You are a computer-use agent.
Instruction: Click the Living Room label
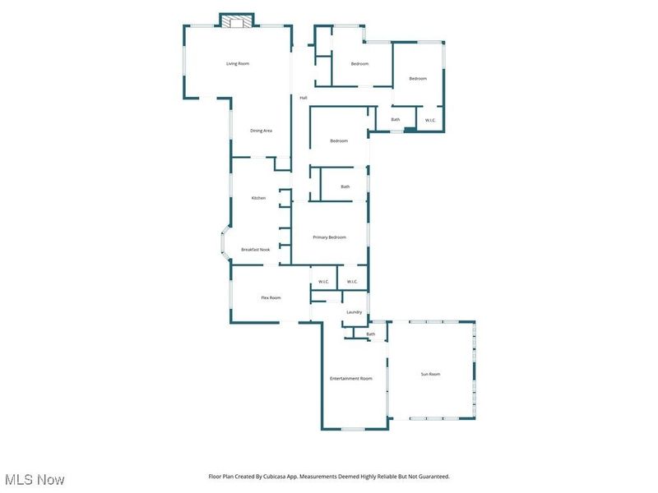click(x=238, y=63)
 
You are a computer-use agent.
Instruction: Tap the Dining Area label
click(x=262, y=131)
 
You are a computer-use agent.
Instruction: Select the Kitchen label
click(x=258, y=198)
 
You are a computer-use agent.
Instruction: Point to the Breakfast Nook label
click(x=255, y=250)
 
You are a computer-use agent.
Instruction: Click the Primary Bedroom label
click(x=329, y=237)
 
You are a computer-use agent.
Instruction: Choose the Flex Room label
click(x=271, y=297)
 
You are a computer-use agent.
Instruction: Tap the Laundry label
click(x=354, y=312)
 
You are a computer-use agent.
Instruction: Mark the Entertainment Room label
click(x=351, y=379)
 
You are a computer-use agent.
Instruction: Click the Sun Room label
click(x=430, y=374)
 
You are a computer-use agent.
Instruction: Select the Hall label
click(x=303, y=98)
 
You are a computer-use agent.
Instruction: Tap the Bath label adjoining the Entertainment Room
click(x=371, y=334)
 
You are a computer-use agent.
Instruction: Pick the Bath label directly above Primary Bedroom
click(x=345, y=187)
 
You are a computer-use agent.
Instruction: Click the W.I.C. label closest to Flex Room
click(x=324, y=282)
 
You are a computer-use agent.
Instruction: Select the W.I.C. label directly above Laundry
click(x=352, y=282)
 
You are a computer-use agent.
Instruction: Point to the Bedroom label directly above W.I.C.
click(x=418, y=78)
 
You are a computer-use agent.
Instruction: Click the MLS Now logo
click(x=34, y=479)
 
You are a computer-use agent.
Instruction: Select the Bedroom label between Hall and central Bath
click(x=339, y=141)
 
